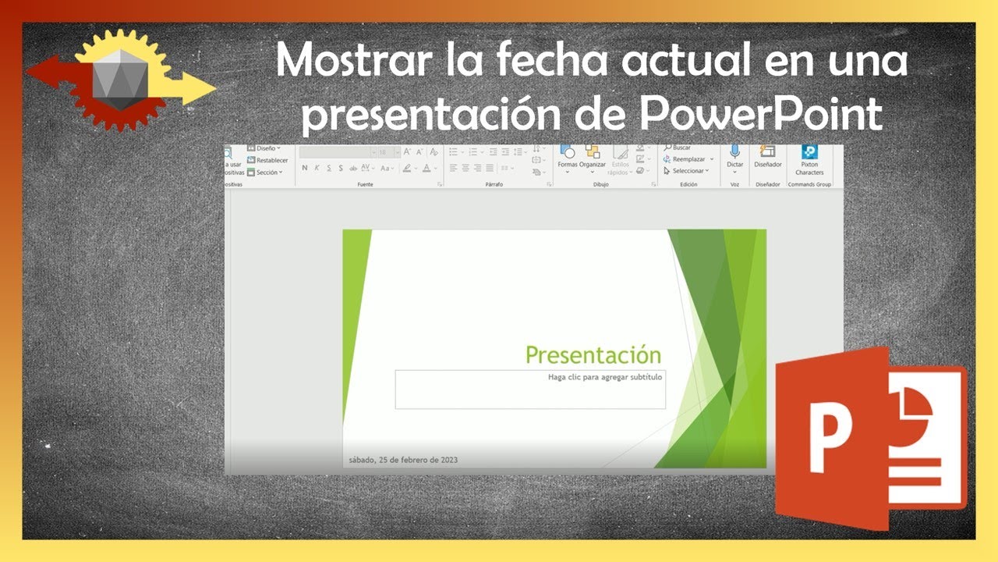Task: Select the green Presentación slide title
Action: [593, 355]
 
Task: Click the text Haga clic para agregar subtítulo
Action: [604, 377]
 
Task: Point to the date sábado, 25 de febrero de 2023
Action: [402, 460]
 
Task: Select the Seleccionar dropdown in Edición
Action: [686, 171]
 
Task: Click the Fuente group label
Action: [365, 185]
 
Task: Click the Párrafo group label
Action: [494, 185]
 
